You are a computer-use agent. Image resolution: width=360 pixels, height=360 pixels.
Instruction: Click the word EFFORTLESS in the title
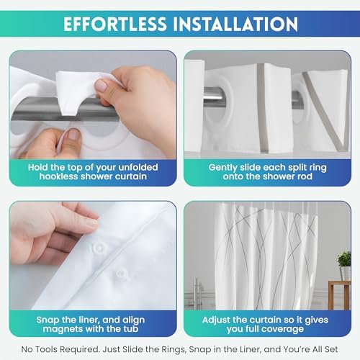click(114, 24)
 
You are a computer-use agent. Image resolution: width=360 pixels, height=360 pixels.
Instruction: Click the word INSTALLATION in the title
click(235, 24)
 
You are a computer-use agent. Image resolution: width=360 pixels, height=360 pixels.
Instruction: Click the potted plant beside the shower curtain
click(344, 265)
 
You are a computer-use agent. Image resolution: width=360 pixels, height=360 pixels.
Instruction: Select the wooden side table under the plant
click(339, 294)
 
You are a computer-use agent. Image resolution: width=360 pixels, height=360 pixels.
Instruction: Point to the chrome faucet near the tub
click(197, 293)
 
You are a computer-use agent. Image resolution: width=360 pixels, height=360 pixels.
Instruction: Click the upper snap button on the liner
click(99, 248)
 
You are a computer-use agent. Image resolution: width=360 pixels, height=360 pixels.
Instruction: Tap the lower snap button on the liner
click(122, 274)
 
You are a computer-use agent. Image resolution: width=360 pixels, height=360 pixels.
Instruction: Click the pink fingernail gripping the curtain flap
click(102, 86)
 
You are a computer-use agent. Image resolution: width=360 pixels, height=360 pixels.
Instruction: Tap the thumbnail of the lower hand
click(73, 135)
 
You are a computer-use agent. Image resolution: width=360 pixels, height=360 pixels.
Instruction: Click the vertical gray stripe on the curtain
click(262, 107)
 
